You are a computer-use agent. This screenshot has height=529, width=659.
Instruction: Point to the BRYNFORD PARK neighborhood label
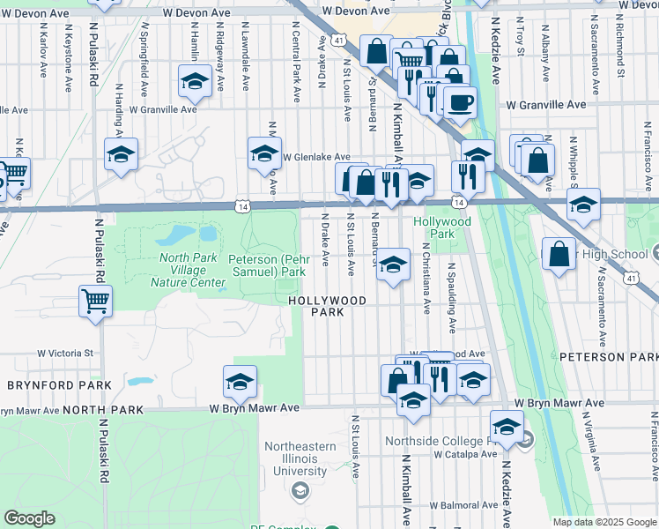coord(59,385)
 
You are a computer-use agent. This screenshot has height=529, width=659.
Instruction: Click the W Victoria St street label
coord(65,353)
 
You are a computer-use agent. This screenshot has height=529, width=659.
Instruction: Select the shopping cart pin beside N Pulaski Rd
coord(96,302)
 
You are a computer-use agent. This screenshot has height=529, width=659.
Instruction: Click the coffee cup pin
coord(458,103)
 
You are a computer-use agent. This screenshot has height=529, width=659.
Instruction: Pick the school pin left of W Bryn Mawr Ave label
coord(240,382)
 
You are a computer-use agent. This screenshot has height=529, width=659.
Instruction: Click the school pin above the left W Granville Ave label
coord(194,82)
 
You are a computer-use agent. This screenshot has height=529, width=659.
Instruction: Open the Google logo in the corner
coord(30,518)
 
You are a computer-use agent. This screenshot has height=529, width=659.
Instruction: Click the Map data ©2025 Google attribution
coord(604,522)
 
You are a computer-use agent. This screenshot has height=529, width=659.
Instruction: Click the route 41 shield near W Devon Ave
coord(339,39)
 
